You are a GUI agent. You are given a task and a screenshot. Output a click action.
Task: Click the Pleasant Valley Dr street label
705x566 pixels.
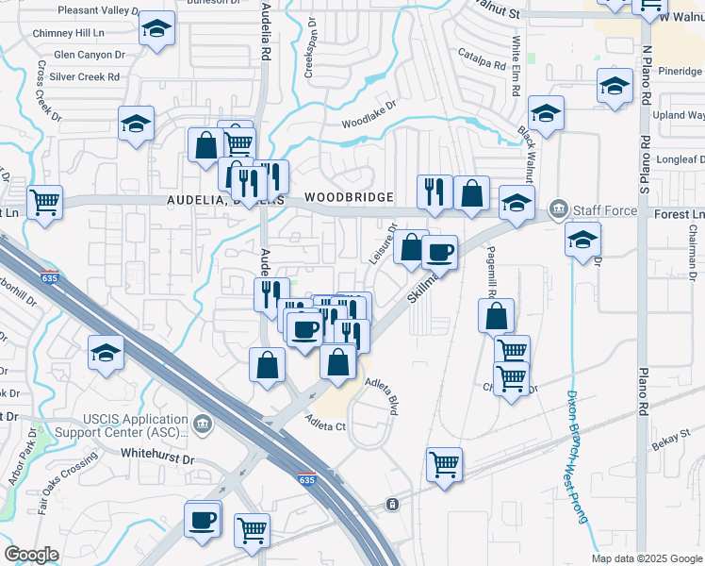coord(97,10)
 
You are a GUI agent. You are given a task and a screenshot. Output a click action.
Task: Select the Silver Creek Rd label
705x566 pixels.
coord(85,76)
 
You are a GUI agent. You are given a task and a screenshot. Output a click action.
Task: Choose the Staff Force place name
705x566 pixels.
coord(606,208)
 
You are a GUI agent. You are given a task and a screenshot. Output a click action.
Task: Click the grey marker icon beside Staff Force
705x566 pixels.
coord(558,208)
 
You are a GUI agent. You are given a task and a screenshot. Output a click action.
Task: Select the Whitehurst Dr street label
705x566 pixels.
coord(157,455)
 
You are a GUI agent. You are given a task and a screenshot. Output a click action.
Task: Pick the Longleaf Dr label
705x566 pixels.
coord(680,161)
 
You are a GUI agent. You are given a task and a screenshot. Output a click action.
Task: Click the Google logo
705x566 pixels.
coord(31,554)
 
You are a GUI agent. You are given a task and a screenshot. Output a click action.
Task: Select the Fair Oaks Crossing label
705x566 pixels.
coord(69,481)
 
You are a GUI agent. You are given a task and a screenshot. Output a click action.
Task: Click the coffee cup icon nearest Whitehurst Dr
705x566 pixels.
coord(203,519)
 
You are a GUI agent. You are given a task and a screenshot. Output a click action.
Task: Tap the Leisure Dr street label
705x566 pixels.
coord(383,244)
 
